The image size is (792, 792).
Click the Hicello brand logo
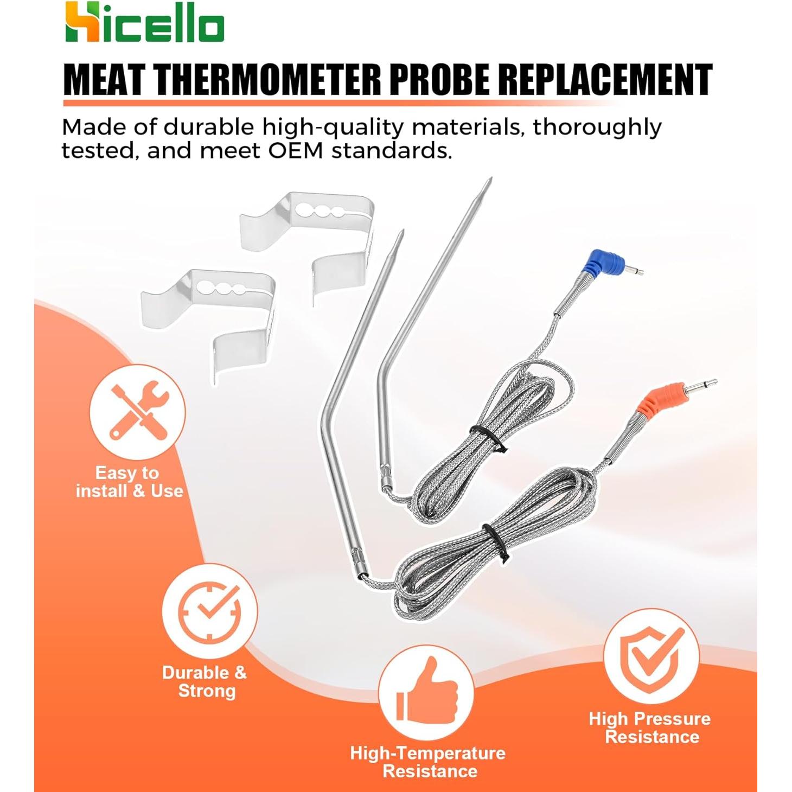[144, 22]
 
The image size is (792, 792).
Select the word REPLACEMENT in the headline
[605, 80]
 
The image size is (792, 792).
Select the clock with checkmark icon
[210, 611]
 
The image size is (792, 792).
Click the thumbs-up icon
[426, 693]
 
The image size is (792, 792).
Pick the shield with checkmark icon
[652, 656]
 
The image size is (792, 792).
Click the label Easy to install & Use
[129, 482]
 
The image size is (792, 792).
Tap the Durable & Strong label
[205, 681]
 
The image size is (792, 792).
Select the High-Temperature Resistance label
[428, 762]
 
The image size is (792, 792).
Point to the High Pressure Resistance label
[650, 727]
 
